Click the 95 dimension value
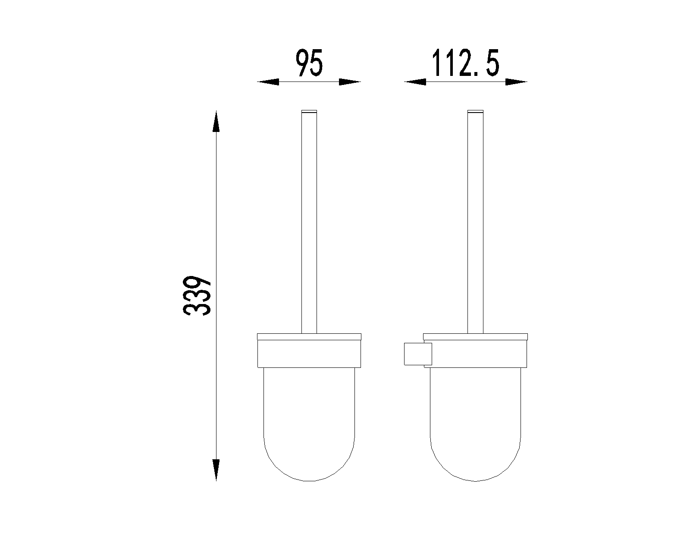pyautogui.click(x=309, y=63)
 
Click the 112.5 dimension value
pyautogui.click(x=466, y=63)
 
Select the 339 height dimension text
pyautogui.click(x=197, y=295)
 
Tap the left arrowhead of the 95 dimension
pyautogui.click(x=268, y=82)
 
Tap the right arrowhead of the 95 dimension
pyautogui.click(x=350, y=82)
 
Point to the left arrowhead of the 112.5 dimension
pyautogui.click(x=415, y=82)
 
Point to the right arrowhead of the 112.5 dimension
pyautogui.click(x=516, y=82)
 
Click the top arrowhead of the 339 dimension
pyautogui.click(x=216, y=121)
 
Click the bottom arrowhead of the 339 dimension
pyautogui.click(x=216, y=470)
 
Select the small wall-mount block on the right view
pyautogui.click(x=418, y=354)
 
